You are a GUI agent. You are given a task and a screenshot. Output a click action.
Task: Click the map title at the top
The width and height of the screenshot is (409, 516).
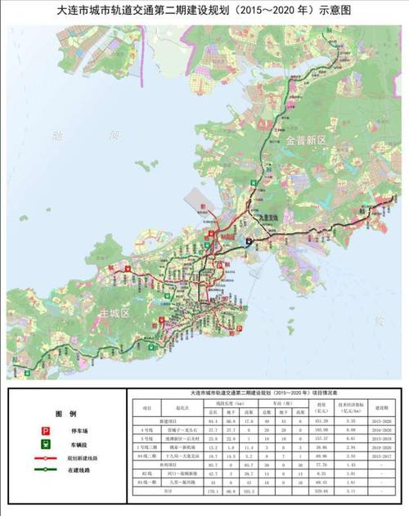[204, 11]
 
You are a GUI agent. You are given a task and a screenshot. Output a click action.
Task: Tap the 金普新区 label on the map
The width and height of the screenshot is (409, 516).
[307, 141]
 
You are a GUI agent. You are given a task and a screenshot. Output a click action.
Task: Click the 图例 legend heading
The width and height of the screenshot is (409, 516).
[65, 414]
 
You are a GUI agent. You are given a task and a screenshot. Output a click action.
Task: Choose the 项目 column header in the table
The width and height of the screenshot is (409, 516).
[147, 406]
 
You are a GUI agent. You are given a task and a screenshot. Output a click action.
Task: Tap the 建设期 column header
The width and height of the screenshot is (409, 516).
[381, 406]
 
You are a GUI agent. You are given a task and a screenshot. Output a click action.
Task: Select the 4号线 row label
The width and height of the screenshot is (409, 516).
[147, 429]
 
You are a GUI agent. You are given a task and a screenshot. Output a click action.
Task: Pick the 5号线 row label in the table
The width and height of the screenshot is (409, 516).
[147, 438]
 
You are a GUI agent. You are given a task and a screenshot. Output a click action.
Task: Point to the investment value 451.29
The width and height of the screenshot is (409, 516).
[321, 420]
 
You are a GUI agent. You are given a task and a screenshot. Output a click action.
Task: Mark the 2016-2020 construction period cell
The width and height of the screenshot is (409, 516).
[381, 429]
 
